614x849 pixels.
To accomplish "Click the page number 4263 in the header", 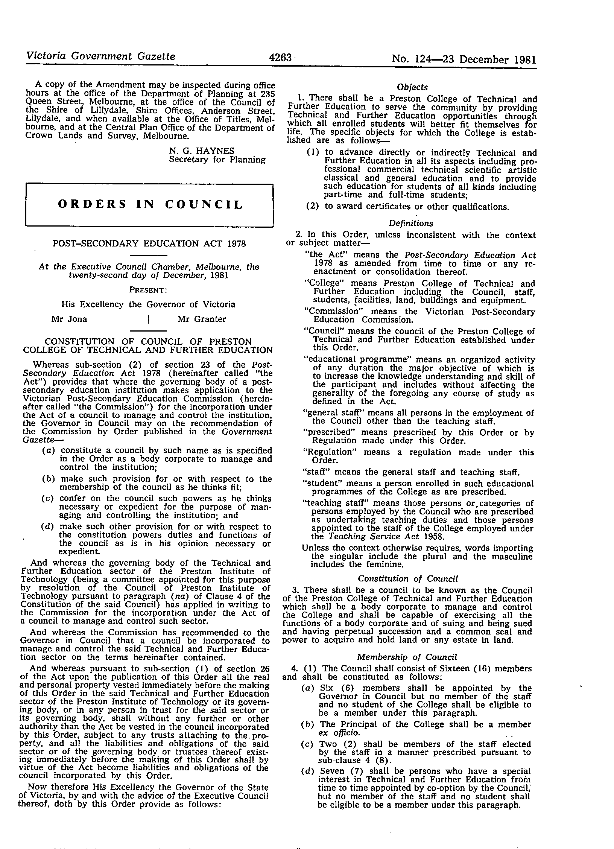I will pos(280,58).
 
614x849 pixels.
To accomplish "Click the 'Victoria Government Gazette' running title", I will pos(100,56).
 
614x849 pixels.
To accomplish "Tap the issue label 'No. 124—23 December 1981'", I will pos(464,59).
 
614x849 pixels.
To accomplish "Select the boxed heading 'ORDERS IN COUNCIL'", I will pos(150,204).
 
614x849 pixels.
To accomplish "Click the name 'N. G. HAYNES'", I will pos(202,151).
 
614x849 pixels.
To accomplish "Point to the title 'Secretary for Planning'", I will pos(217,160).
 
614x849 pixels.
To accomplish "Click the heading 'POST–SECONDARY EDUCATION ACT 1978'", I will pos(150,243).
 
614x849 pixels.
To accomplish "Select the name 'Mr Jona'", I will pos(69,319).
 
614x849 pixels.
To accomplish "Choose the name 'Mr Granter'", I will pos(202,319).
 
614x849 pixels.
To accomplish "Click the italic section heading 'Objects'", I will pos(412,87).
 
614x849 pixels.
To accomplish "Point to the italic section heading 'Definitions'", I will pos(411,224).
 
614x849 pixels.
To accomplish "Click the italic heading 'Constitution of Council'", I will pos(408,579).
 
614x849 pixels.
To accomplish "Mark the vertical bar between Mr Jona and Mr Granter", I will pos(150,320).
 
